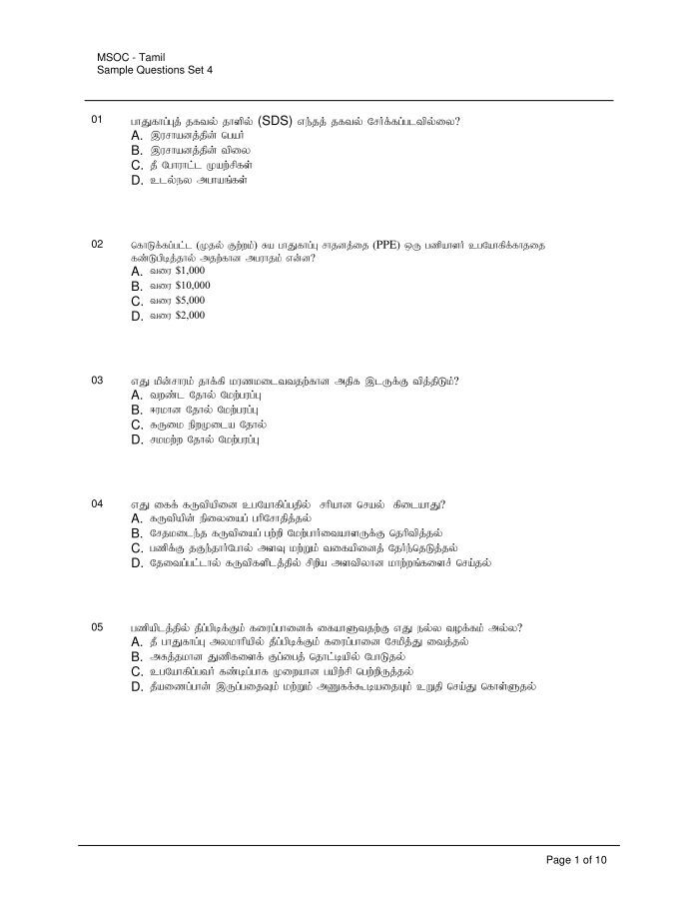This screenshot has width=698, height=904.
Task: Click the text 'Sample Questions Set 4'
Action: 155,71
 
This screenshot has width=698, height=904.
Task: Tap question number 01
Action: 97,120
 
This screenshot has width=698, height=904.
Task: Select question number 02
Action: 97,244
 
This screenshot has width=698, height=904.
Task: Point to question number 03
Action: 97,381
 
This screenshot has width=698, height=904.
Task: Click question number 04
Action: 97,503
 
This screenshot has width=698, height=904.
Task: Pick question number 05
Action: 97,627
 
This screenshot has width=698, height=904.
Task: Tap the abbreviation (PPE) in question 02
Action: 385,244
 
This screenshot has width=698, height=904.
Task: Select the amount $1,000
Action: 190,271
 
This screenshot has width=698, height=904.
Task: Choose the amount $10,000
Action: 193,286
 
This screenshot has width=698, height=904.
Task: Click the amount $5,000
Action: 190,301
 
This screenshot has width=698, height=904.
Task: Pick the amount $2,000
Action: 190,316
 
